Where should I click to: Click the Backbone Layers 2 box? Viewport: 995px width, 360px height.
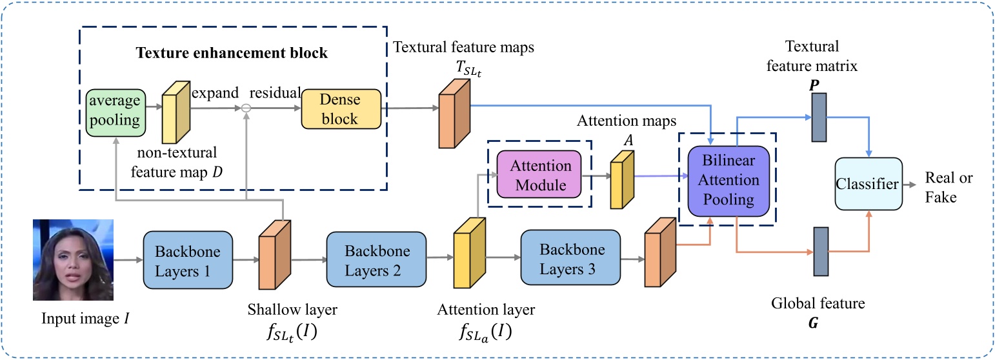[377, 259]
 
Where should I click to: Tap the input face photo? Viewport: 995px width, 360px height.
[73, 259]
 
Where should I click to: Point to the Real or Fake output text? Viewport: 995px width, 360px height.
[949, 187]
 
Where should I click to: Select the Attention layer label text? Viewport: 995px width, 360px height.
[485, 310]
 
